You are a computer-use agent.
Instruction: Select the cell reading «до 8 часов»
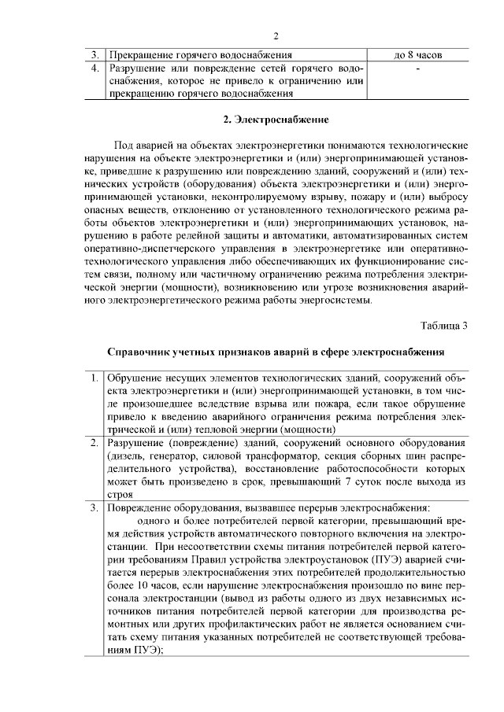pos(417,56)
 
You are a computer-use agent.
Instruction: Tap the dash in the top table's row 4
pos(417,69)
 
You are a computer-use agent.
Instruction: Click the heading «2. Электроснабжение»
pos(276,120)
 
